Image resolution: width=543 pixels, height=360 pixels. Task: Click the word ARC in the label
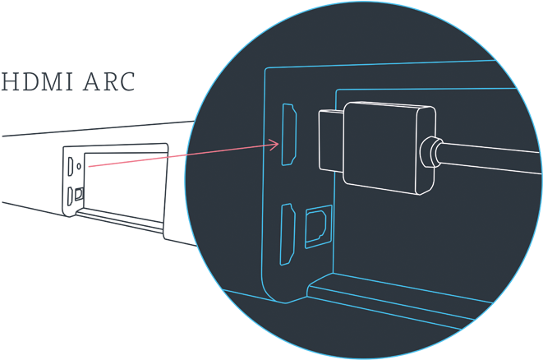(108, 83)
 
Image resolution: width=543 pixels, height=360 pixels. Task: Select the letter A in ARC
(90, 83)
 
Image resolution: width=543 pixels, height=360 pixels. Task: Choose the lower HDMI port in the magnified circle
(288, 234)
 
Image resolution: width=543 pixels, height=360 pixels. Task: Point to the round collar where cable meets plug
(429, 153)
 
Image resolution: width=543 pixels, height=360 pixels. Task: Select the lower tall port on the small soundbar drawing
(71, 196)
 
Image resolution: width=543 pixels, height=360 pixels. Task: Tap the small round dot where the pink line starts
(79, 164)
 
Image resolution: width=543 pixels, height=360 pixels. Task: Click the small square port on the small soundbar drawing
(79, 194)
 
